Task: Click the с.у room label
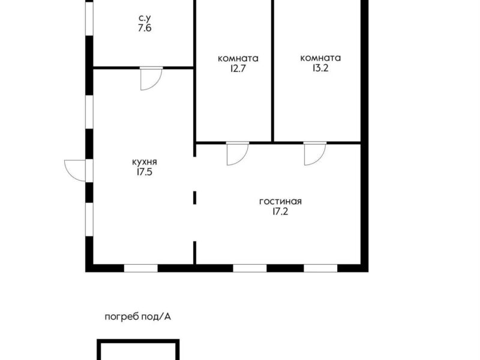[145, 19]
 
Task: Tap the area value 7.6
[145, 28]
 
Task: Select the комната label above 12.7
[238, 58]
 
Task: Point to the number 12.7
[238, 68]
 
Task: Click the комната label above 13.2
[320, 58]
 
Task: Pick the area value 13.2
[320, 68]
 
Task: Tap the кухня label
[145, 162]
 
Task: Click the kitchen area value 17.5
[145, 172]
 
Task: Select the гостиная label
[280, 202]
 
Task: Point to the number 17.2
[280, 212]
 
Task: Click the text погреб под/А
[138, 317]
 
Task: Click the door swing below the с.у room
[151, 79]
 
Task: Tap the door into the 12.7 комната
[238, 154]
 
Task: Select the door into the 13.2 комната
[315, 154]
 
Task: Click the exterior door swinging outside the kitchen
[75, 170]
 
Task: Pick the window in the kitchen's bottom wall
[141, 268]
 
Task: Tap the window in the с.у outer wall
[89, 19]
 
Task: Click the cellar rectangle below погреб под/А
[138, 340]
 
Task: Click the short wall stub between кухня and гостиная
[194, 197]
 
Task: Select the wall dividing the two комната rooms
[273, 71]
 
